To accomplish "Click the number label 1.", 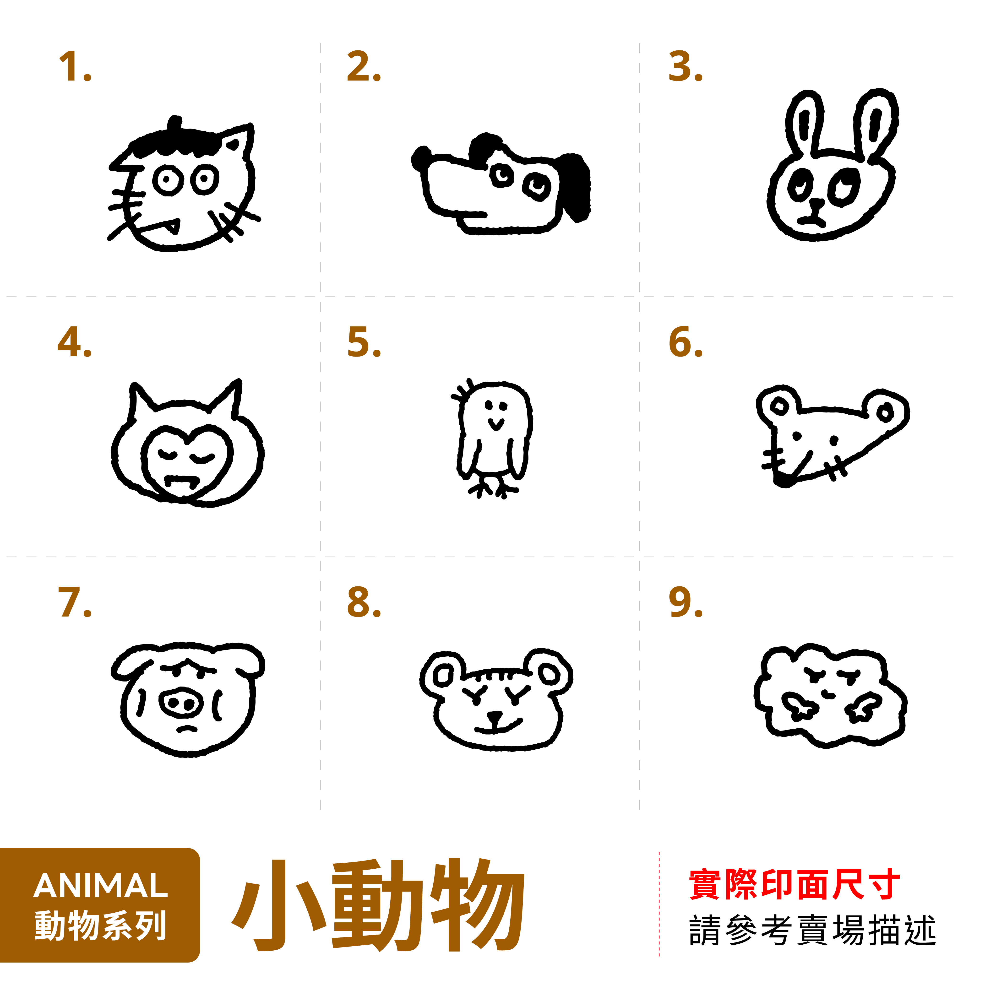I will click(x=75, y=67).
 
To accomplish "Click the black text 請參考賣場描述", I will click(x=812, y=931).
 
